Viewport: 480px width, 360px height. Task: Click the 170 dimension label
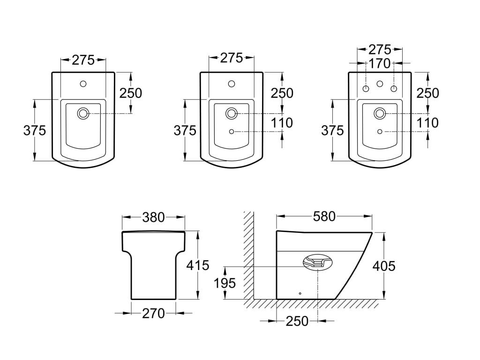click(x=380, y=64)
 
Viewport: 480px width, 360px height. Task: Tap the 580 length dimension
click(x=324, y=217)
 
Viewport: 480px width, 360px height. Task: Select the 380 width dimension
click(x=153, y=217)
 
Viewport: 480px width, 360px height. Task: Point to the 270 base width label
click(x=153, y=314)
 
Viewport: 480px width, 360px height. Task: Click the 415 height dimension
click(x=198, y=265)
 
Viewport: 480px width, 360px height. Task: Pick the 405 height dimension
click(x=384, y=266)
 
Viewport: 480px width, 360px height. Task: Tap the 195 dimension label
click(x=225, y=283)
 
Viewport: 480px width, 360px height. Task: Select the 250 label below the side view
click(x=297, y=321)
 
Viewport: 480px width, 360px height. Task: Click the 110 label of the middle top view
click(x=282, y=123)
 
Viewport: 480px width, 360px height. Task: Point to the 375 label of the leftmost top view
click(x=35, y=130)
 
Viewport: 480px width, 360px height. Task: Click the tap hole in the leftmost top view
click(x=83, y=83)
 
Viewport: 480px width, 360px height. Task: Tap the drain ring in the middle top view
click(x=232, y=113)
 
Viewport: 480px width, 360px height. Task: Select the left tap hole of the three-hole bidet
click(x=366, y=89)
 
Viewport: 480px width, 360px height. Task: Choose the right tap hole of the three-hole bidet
click(x=394, y=89)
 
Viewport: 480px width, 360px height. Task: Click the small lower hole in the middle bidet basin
click(x=232, y=131)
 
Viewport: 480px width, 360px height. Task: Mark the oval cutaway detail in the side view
click(x=318, y=262)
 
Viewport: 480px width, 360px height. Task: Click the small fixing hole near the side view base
click(x=300, y=293)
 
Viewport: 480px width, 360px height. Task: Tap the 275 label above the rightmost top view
click(x=380, y=50)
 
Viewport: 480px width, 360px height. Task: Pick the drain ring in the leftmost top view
click(x=83, y=113)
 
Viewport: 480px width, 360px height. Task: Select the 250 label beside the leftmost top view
click(x=131, y=93)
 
